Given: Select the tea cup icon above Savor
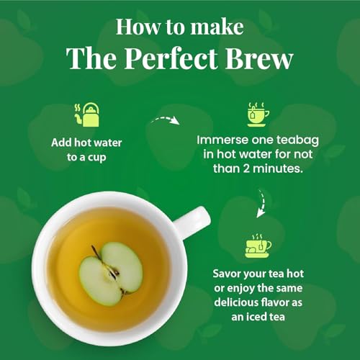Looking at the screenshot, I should pos(258,246).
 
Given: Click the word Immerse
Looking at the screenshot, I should pos(225,137).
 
